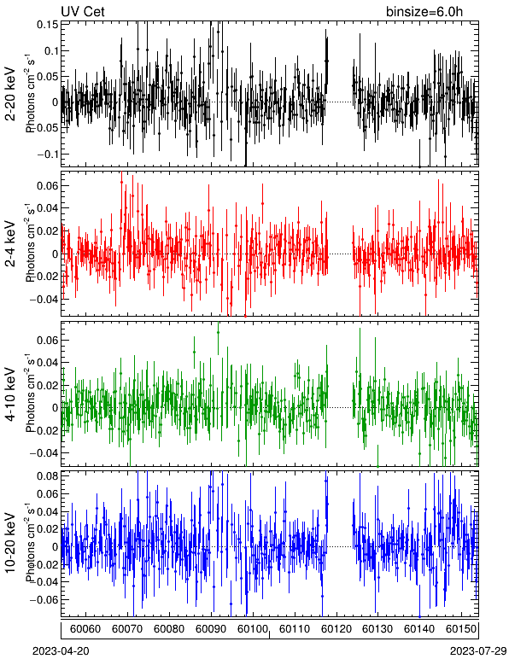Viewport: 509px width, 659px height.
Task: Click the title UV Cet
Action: [x=83, y=11]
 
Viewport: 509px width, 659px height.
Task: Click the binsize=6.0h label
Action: [x=424, y=11]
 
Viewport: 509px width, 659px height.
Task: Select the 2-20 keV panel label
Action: [x=10, y=94]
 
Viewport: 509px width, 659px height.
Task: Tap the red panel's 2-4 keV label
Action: [x=10, y=244]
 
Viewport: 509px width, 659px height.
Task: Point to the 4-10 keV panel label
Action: [x=10, y=394]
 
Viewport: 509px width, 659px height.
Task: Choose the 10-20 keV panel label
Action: [x=10, y=543]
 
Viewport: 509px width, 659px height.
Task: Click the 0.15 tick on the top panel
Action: [x=48, y=25]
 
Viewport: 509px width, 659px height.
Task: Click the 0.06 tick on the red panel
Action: [x=48, y=186]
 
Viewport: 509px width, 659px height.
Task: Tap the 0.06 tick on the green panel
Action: [x=48, y=340]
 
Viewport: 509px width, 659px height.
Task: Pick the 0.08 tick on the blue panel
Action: [x=48, y=476]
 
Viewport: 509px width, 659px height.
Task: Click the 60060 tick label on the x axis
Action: [x=85, y=629]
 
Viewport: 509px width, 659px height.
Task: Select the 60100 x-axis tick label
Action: [x=253, y=629]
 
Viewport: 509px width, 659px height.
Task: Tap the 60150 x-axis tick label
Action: [x=461, y=629]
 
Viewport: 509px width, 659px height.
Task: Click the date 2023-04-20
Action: [x=61, y=651]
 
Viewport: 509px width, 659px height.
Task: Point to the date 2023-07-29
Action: [x=478, y=651]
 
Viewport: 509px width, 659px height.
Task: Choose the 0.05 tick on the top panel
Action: [x=48, y=77]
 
